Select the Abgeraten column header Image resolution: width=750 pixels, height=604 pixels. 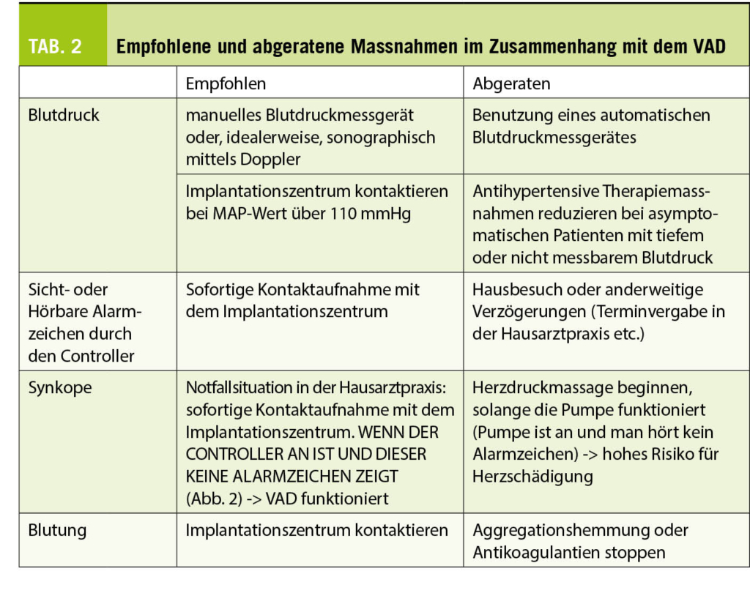point(511,83)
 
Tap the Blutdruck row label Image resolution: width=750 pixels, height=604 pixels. point(64,115)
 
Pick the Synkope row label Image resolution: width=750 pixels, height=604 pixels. point(60,387)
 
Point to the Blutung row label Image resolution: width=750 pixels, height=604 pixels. point(58,529)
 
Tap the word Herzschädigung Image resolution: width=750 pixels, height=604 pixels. point(532,476)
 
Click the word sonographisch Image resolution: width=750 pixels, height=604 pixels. point(380,137)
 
